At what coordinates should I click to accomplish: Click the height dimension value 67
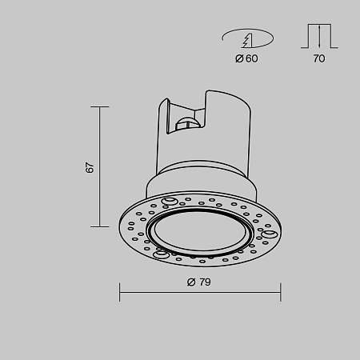click(x=90, y=167)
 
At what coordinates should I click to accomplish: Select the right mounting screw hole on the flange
click(x=270, y=234)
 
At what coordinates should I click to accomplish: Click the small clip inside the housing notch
click(x=188, y=122)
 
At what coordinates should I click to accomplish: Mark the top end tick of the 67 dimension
click(x=100, y=106)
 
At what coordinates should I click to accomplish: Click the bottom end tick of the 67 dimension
click(x=100, y=227)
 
